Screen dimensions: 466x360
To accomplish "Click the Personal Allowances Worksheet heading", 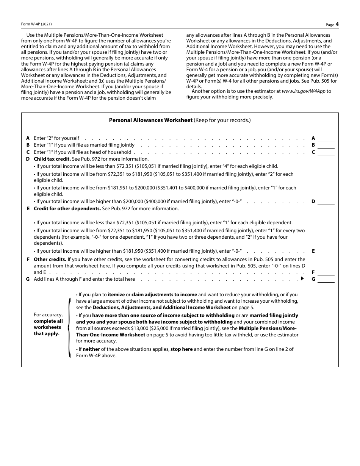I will pyautogui.click(x=150, y=120).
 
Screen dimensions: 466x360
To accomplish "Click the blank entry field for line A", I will pyautogui.click(x=326, y=138).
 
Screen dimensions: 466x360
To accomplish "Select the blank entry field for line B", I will pyautogui.click(x=326, y=145).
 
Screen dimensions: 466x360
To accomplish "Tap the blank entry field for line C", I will pyautogui.click(x=326, y=152).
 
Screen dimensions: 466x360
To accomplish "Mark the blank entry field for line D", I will pyautogui.click(x=326, y=202).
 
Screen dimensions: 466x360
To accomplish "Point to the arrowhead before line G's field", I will pyautogui.click(x=302, y=279).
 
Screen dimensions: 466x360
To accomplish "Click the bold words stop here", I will pyautogui.click(x=182, y=349).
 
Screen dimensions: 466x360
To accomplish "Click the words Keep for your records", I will pyautogui.click(x=222, y=120).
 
